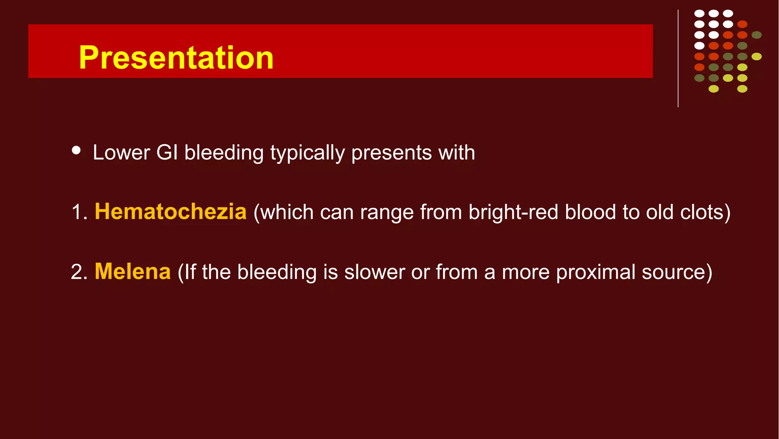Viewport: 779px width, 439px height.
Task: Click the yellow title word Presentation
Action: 176,57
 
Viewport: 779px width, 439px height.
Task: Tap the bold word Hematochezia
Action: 170,212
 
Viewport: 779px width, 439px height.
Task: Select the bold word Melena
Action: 132,272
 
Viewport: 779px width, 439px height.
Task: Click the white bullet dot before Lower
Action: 76,150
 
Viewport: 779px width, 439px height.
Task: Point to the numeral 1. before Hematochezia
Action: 79,212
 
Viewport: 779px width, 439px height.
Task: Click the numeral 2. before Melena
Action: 79,272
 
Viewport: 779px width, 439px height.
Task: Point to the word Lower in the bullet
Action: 121,153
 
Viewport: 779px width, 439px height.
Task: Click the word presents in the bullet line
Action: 391,153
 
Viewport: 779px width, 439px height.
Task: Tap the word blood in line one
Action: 590,212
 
